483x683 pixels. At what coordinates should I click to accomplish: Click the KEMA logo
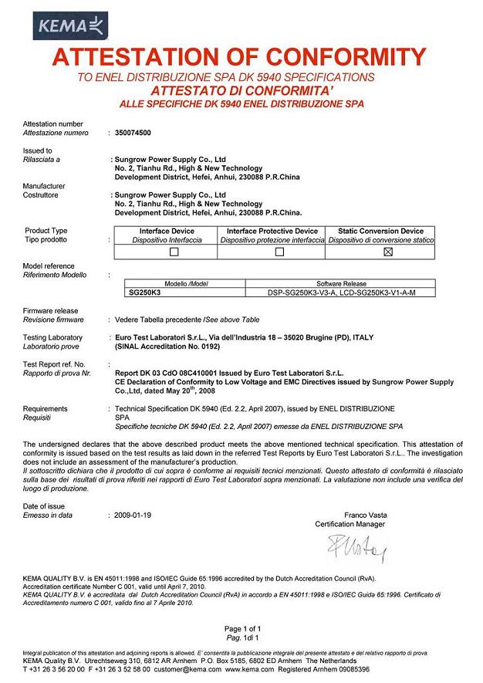click(x=58, y=25)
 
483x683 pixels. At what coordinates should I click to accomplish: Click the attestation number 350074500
click(x=133, y=133)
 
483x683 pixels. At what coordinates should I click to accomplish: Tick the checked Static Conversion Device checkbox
click(x=388, y=252)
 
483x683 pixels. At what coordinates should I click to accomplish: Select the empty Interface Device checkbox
click(x=167, y=252)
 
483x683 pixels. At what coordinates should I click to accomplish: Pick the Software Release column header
click(x=341, y=284)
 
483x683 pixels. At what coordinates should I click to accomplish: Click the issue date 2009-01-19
click(x=133, y=513)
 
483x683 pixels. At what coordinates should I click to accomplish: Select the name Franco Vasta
click(x=365, y=515)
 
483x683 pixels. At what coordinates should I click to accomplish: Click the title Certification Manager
click(x=350, y=524)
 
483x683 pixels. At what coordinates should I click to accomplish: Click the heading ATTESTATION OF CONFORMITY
click(x=241, y=58)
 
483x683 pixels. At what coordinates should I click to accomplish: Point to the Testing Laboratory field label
click(x=52, y=337)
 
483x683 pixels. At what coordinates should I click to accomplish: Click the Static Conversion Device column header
click(x=380, y=231)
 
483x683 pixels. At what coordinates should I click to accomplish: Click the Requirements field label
click(x=46, y=408)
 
